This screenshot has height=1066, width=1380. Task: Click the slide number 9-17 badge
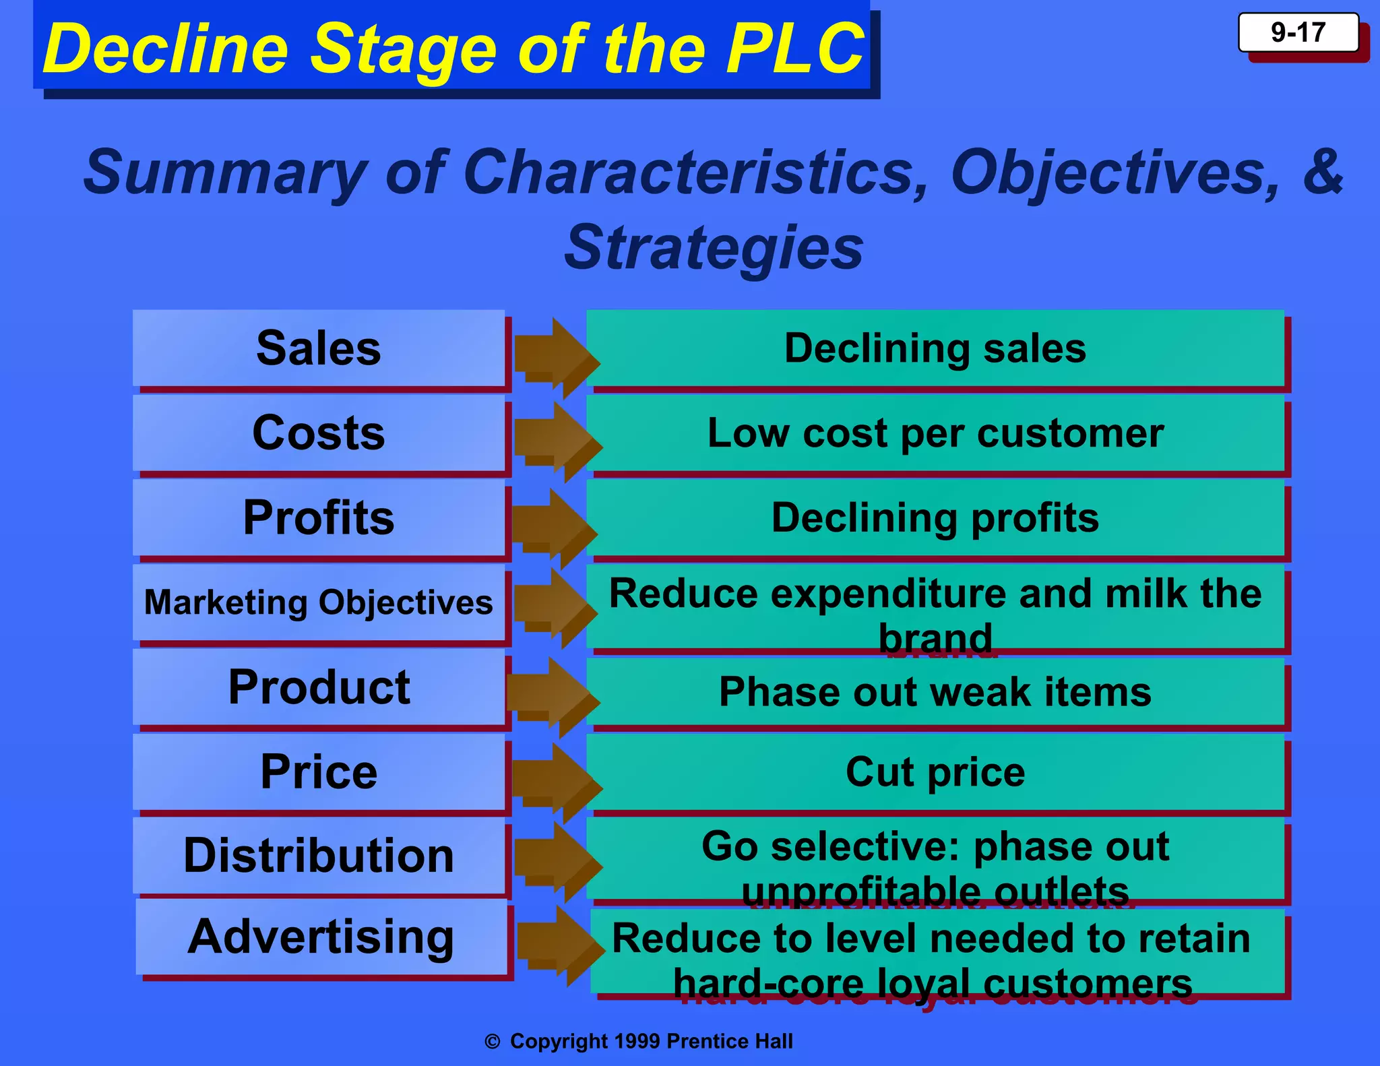(1298, 33)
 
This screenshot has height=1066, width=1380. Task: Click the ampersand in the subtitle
(1322, 172)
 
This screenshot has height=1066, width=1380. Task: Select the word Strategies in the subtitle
(714, 248)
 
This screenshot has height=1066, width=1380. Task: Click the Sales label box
(319, 348)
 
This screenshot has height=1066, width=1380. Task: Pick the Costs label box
(319, 433)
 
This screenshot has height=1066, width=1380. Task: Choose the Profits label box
(319, 518)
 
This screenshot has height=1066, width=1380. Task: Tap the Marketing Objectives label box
(319, 602)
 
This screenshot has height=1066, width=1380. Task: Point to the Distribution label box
(319, 856)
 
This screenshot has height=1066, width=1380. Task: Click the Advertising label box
(321, 937)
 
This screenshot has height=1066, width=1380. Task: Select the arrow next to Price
(556, 782)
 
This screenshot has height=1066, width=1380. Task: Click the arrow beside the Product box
(553, 697)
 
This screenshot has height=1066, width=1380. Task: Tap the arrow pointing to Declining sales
(556, 357)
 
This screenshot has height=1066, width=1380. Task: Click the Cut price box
(935, 772)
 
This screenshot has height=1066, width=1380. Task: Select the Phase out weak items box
(935, 692)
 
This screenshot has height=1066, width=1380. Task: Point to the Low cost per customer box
(935, 433)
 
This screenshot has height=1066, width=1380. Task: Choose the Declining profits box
(935, 518)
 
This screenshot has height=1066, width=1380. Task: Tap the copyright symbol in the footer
(493, 1042)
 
